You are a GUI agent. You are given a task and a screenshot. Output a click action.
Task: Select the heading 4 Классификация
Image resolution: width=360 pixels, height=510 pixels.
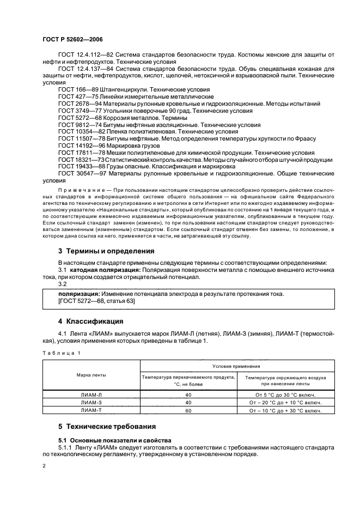coord(90,320)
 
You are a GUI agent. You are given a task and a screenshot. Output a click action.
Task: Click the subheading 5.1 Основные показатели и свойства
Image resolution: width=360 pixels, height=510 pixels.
coord(114,440)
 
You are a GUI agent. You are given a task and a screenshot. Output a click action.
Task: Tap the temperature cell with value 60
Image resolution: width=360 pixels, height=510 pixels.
coord(188,410)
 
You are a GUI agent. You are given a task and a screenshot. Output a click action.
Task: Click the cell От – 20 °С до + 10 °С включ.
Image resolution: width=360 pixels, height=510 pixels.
coord(285,403)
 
